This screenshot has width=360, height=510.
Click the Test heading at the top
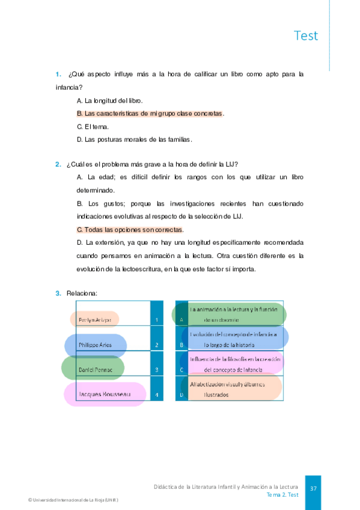306,35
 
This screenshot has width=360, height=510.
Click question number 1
58,75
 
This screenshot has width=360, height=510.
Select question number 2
58,164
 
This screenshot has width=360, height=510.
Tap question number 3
58,293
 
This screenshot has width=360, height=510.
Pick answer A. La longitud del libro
110,100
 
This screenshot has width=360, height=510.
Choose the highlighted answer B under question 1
150,113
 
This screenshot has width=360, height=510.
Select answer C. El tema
93,126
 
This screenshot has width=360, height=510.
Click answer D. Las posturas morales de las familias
135,140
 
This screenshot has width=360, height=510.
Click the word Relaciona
82,293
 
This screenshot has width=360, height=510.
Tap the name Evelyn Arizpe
94,320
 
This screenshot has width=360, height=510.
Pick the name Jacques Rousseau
105,395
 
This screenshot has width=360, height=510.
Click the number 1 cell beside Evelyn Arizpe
156,320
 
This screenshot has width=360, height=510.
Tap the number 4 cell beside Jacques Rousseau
156,395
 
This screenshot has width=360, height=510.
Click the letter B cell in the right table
182,345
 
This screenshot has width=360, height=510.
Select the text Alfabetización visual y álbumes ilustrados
232,389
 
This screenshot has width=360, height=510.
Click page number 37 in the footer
313,488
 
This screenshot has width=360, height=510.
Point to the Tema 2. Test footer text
282,495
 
